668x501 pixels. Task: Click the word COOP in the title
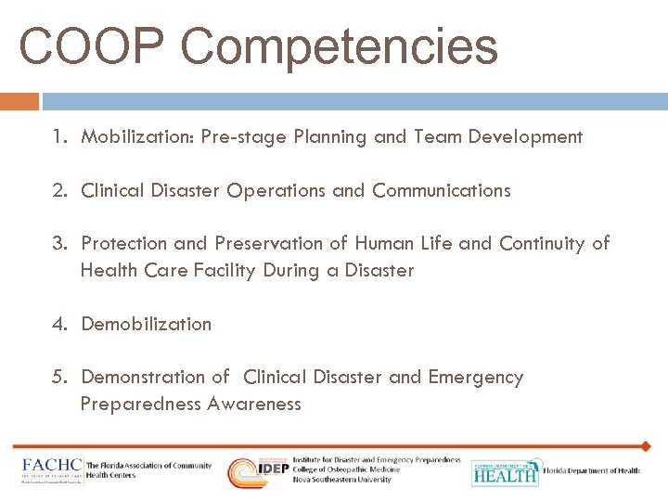(x=90, y=46)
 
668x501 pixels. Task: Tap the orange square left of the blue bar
(x=19, y=100)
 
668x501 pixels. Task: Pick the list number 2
(x=59, y=190)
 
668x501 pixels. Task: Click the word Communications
(x=442, y=190)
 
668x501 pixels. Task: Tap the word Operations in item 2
(x=276, y=190)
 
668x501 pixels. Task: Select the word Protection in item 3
(x=124, y=243)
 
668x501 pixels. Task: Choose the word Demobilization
(x=147, y=324)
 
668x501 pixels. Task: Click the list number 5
(x=59, y=377)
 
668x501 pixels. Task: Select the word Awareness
(x=254, y=404)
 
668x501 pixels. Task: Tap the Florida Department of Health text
(x=592, y=471)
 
